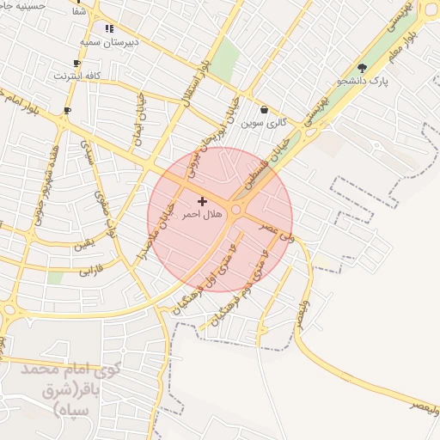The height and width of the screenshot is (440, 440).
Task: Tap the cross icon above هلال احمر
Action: [x=202, y=201]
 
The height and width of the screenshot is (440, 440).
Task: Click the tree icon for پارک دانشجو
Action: [x=361, y=68]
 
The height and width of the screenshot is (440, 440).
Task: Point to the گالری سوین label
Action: [x=263, y=122]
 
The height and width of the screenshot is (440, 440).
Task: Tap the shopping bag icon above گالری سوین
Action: [x=264, y=109]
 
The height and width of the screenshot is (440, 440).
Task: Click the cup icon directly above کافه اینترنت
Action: [x=77, y=63]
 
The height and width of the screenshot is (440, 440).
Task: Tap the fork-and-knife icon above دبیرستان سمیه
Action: [x=109, y=28]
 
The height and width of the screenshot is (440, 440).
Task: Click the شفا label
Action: [x=80, y=12]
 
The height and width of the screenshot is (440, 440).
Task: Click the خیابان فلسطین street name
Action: [x=272, y=163]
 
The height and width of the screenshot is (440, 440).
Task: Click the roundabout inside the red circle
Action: [x=236, y=209]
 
